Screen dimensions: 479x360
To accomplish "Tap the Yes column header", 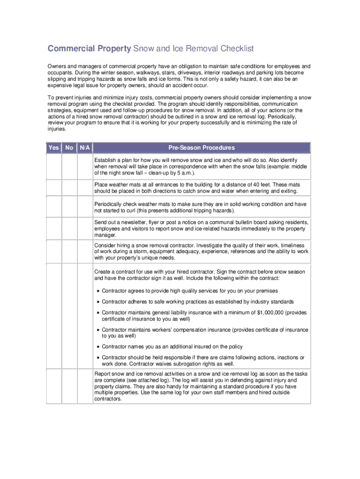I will [54, 148].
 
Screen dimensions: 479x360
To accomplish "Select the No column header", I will [69, 148].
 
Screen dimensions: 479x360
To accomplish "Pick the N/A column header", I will [85, 148].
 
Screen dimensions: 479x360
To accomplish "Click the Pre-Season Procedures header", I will [202, 148].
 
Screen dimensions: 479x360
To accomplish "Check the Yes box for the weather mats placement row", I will [54, 188].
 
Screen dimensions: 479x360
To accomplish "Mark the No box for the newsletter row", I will [69, 229].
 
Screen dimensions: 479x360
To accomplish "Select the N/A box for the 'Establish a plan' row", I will [85, 166].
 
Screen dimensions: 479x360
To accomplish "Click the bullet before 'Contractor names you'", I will [98, 347].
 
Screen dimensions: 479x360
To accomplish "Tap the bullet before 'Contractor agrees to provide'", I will [98, 291].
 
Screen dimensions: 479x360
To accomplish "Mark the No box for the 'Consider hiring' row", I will [69, 251].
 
